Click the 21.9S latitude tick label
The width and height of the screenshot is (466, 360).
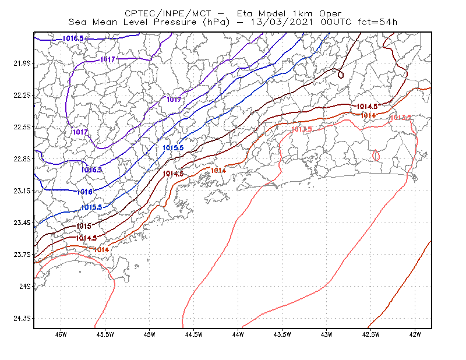[x=22, y=63]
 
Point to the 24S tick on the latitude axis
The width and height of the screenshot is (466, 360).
[x=25, y=286]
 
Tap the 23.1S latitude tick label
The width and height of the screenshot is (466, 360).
[x=22, y=190]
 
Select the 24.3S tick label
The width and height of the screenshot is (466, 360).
[x=22, y=319]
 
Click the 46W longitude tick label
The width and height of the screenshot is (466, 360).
[x=61, y=334]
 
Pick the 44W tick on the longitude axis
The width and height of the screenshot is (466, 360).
[x=238, y=334]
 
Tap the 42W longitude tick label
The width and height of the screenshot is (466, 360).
[x=415, y=334]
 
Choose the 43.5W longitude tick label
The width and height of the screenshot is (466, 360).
[x=282, y=334]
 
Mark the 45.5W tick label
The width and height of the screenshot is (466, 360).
[x=105, y=334]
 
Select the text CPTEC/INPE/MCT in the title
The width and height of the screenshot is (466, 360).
[x=168, y=13]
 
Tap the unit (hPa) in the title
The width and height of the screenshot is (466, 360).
[x=216, y=22]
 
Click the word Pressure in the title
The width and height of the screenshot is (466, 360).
[x=175, y=22]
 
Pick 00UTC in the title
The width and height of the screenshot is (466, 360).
[x=336, y=22]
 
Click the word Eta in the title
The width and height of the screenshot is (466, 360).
[x=244, y=13]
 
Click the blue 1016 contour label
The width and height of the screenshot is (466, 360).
[x=84, y=192]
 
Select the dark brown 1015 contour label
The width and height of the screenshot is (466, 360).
[x=84, y=226]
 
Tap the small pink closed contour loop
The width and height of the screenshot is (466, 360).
[x=376, y=155]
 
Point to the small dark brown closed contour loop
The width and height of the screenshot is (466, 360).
[x=341, y=75]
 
